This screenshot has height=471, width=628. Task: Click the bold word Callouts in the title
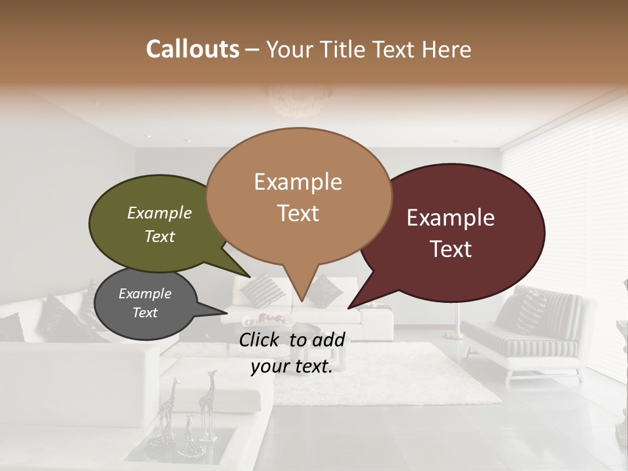click(x=192, y=49)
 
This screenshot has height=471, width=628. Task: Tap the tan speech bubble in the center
click(x=298, y=196)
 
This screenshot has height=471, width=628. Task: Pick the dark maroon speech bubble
click(x=451, y=232)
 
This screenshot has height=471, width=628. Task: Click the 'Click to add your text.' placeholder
click(x=292, y=353)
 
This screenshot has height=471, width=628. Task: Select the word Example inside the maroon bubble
click(x=451, y=218)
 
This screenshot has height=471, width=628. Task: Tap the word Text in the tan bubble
click(x=298, y=213)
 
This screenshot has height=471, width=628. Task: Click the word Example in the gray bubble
click(x=145, y=294)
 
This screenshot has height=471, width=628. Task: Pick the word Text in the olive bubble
click(x=160, y=237)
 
